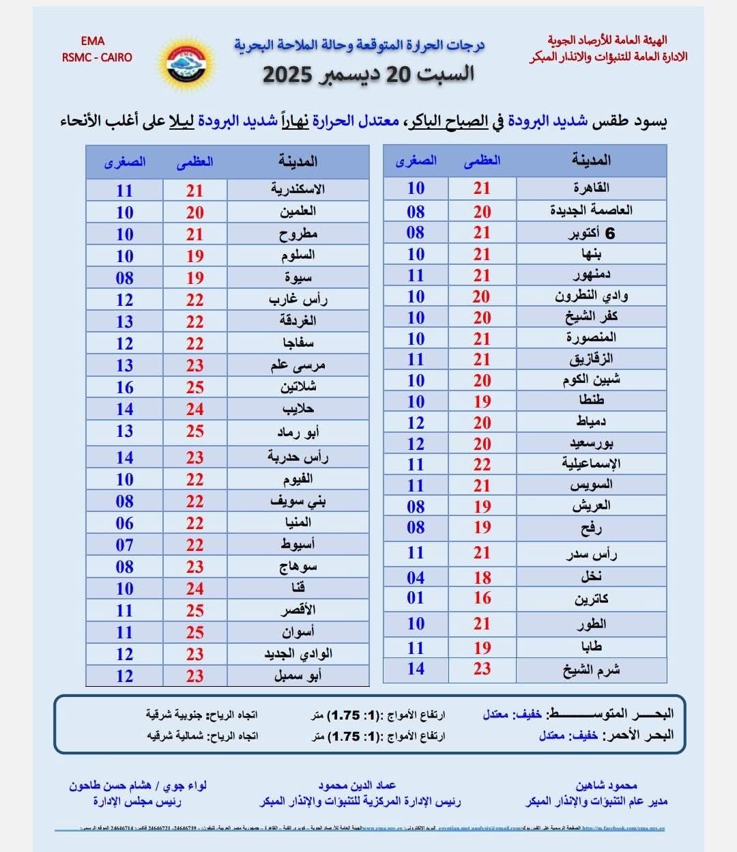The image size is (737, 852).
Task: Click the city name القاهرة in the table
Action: tap(591, 188)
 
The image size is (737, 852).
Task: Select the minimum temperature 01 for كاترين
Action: tap(416, 598)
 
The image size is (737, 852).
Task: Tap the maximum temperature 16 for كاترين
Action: tap(482, 598)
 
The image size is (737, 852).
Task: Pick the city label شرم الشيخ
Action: tap(591, 670)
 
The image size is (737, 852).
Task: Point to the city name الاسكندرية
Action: tap(298, 189)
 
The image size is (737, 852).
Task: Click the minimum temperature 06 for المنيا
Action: tap(124, 523)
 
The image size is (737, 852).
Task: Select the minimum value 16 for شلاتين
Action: tap(124, 387)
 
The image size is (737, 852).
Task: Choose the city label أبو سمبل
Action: tap(298, 676)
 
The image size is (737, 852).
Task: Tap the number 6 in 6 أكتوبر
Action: tap(609, 233)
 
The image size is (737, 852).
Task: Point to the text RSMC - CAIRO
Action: tap(96, 57)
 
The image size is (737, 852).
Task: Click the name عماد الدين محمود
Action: tap(357, 785)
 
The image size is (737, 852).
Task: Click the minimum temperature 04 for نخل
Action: tap(416, 578)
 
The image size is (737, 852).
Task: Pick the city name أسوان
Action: tap(298, 632)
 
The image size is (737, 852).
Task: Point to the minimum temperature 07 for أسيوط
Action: tap(124, 545)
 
